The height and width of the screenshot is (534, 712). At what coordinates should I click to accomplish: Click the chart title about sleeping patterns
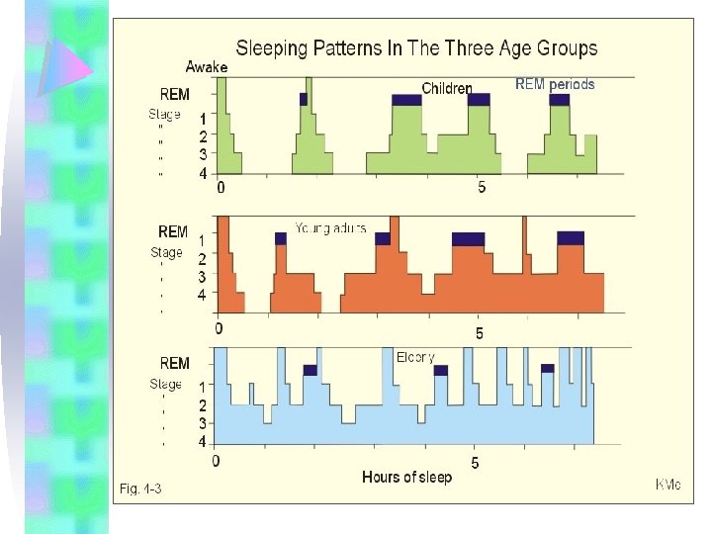415,47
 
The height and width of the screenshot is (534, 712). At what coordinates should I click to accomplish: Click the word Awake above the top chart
207,67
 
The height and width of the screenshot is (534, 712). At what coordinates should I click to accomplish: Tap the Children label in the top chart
447,88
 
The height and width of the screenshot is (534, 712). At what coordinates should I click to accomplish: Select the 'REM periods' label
555,84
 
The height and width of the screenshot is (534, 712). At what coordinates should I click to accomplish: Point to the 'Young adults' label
330,228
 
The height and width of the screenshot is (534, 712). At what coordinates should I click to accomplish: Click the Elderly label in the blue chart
414,357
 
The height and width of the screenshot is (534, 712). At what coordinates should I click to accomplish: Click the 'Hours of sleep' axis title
406,478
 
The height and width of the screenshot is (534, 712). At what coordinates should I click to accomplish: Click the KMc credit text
668,485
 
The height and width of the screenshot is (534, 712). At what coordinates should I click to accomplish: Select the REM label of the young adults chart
172,231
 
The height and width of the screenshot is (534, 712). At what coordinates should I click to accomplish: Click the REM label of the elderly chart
174,363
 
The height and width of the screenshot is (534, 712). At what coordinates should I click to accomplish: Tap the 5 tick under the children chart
481,188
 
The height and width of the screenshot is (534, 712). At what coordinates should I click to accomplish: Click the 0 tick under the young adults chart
219,328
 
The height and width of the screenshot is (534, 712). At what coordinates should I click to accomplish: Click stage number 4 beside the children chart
203,173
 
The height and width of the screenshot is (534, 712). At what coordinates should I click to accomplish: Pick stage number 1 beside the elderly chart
203,388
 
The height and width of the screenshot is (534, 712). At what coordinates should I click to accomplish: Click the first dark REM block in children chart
304,99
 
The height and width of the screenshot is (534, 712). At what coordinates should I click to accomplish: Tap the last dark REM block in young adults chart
571,237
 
